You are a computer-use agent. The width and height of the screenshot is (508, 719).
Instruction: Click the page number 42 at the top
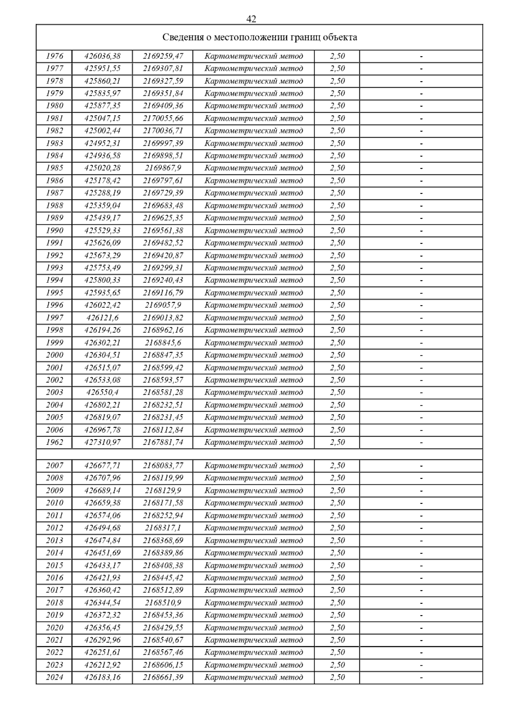tap(251, 19)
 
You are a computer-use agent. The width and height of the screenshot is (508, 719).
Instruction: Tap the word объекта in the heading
tap(340, 37)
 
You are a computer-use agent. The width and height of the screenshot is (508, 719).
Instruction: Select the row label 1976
tap(54, 56)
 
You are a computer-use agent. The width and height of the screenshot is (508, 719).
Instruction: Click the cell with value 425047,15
tap(102, 119)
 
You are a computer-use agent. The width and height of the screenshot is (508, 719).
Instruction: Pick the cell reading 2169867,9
tap(163, 168)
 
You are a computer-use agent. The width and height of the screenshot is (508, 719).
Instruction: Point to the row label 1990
tap(54, 231)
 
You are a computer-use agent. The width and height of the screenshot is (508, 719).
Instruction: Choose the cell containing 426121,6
tap(102, 318)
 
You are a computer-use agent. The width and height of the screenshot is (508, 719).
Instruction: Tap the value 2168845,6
tap(163, 343)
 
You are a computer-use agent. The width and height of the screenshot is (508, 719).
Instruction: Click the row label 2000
tap(54, 355)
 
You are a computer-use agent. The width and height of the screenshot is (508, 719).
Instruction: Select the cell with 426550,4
tap(102, 393)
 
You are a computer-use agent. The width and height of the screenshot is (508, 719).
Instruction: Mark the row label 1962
tap(54, 442)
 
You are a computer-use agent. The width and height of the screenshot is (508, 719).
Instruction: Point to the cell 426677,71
tap(102, 466)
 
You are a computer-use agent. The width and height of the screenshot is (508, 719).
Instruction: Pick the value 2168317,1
tap(163, 528)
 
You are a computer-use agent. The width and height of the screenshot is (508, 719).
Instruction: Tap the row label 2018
tap(54, 603)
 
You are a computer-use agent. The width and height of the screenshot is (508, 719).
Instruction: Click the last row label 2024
tap(54, 678)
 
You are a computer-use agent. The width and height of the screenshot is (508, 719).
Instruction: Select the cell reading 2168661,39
tap(163, 678)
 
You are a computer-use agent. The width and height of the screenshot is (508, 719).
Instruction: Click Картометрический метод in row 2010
tap(254, 503)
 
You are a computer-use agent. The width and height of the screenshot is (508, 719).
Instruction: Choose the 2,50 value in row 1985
tap(337, 168)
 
